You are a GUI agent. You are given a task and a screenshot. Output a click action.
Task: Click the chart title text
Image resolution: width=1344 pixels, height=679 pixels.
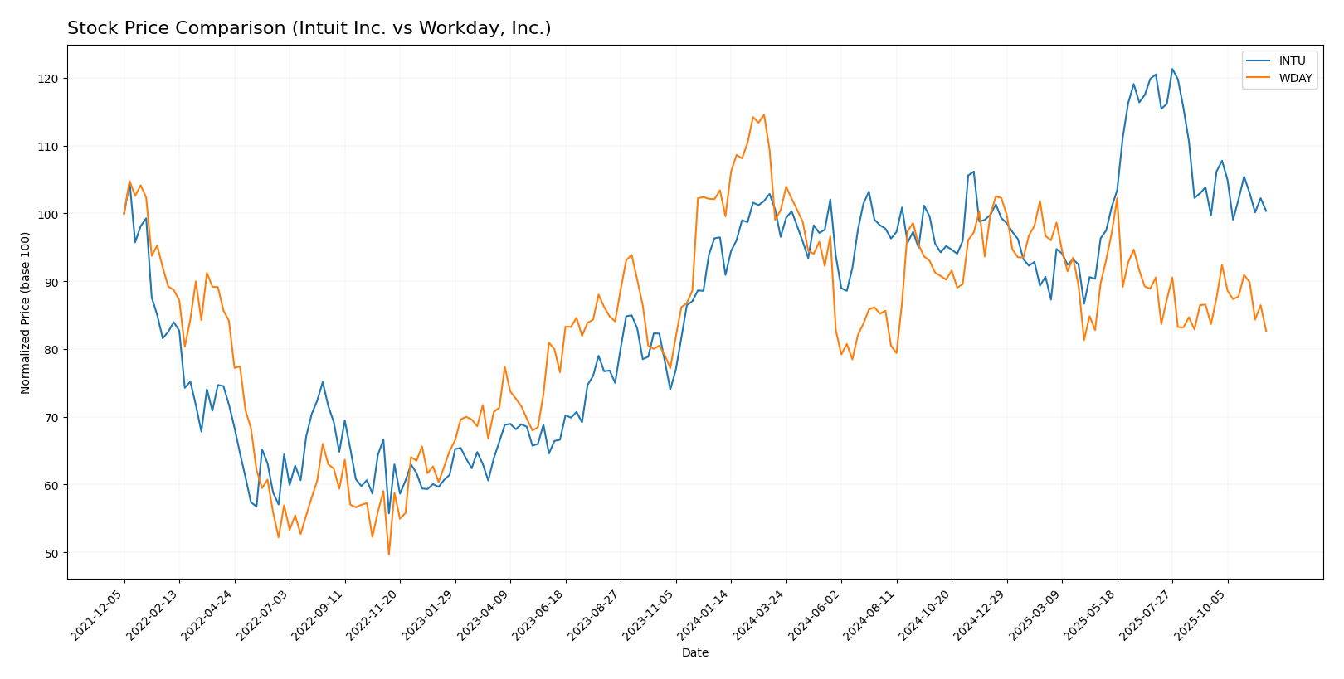309,28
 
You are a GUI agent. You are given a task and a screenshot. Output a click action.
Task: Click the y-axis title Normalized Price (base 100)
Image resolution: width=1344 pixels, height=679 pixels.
26,312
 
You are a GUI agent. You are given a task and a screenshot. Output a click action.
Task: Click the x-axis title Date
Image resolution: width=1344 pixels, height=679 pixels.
694,653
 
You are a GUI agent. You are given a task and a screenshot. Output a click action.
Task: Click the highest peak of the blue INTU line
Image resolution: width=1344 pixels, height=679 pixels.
1171,69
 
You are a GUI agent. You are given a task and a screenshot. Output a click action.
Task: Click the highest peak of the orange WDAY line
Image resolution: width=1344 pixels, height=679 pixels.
763,114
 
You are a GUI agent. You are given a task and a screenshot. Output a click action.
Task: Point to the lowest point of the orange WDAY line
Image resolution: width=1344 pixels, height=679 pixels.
388,555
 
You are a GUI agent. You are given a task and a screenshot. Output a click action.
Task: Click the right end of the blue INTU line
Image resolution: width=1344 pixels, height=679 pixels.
1265,211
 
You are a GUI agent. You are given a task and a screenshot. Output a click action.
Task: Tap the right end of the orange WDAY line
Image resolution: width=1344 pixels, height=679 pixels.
1265,331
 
